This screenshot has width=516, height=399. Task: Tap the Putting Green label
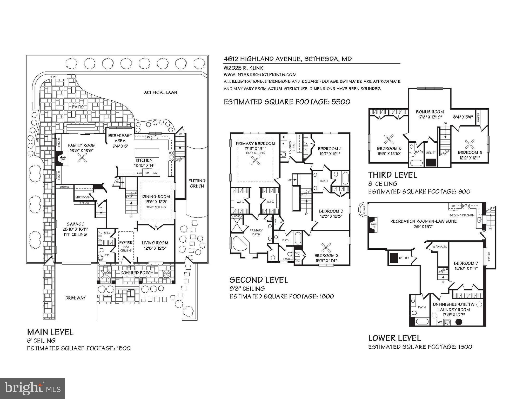tap(197, 183)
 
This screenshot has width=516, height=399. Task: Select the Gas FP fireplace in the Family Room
tap(62, 159)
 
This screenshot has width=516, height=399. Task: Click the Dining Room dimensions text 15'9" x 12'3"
tap(156, 202)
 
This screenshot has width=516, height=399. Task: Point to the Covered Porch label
tap(137, 273)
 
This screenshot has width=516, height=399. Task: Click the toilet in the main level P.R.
tap(101, 258)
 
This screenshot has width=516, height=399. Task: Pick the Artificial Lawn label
tap(160, 92)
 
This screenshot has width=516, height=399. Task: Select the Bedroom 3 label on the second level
tap(331, 211)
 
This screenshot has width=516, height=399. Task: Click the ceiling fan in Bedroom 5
tap(389, 139)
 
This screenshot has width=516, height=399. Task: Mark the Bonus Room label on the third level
tap(430, 112)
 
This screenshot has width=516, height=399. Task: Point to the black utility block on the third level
tap(431, 162)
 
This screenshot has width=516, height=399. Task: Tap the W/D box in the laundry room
tap(440, 322)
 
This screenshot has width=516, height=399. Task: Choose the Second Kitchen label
tap(462, 215)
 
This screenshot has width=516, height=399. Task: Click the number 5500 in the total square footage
tap(341, 102)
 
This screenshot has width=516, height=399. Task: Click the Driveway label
tap(75, 298)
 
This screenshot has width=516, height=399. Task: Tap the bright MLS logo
tap(32, 388)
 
